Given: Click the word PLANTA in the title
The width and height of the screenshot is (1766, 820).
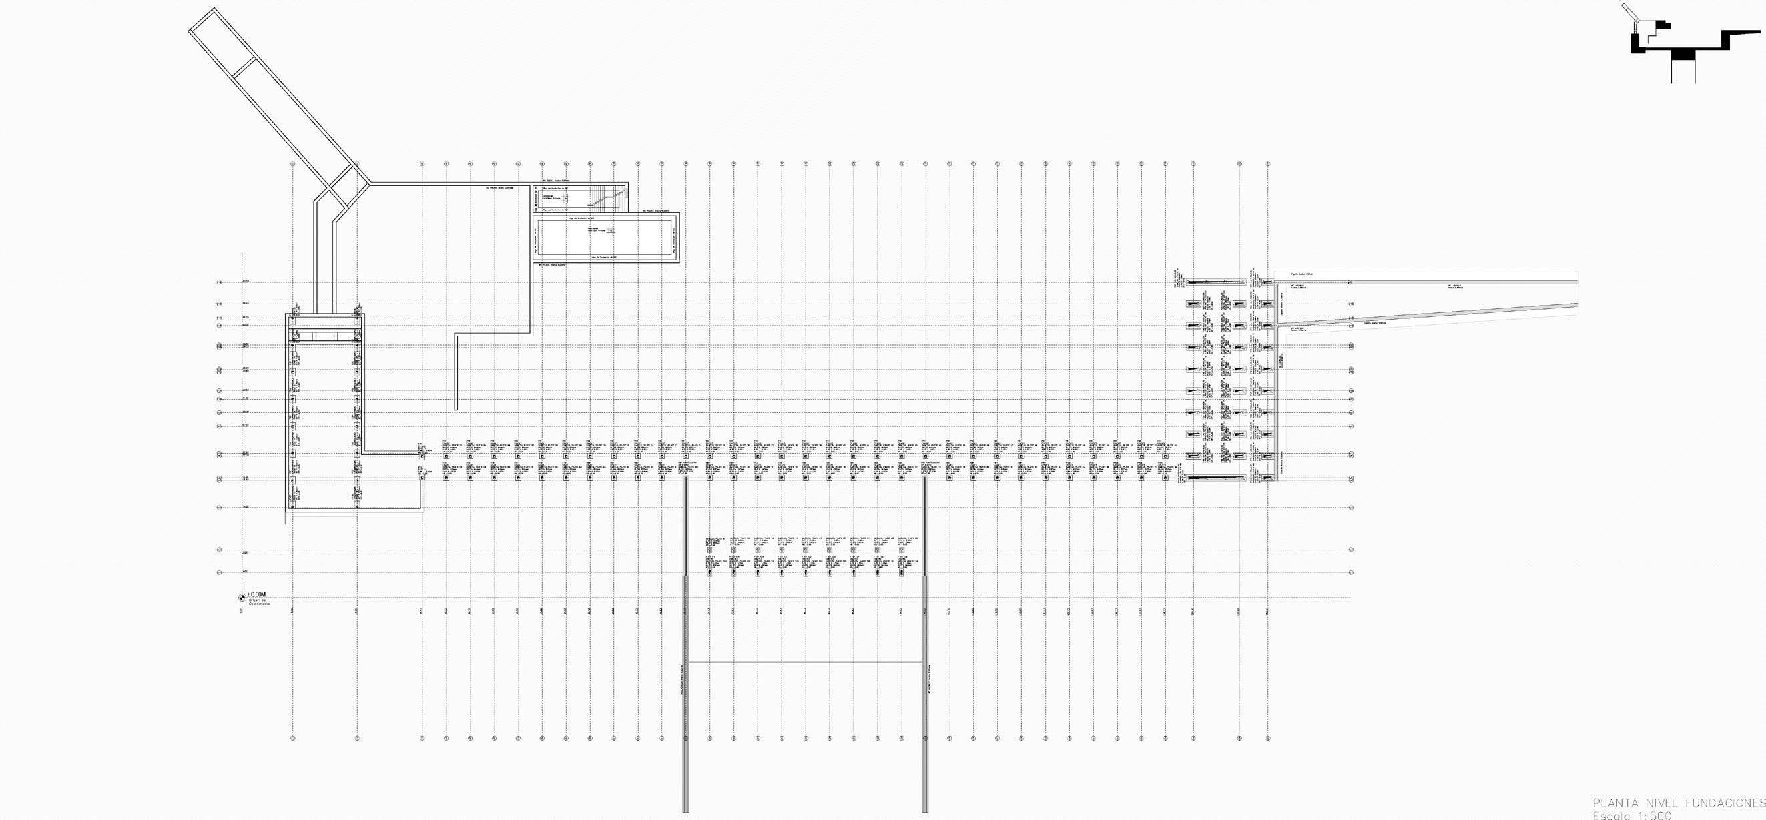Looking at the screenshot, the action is click(x=1614, y=803).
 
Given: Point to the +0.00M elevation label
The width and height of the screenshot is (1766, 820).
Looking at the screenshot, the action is click(x=256, y=594).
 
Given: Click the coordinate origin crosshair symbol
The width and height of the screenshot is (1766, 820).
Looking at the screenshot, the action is click(x=241, y=597).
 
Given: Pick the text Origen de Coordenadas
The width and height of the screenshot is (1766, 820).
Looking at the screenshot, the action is click(x=260, y=602).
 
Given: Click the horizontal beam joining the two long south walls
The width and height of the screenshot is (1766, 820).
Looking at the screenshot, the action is click(x=806, y=662).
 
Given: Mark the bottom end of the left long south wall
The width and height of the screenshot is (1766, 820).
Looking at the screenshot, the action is click(x=685, y=811).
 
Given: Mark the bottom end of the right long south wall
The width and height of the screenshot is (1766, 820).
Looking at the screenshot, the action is click(x=925, y=811).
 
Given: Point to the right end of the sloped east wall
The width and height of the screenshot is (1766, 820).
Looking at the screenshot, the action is click(x=1578, y=304).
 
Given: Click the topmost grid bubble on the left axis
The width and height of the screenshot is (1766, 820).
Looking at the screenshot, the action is click(x=220, y=282).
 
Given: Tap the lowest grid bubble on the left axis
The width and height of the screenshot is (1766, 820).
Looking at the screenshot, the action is click(x=220, y=572).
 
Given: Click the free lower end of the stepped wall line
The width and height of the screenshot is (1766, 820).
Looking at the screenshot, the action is click(x=456, y=409).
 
